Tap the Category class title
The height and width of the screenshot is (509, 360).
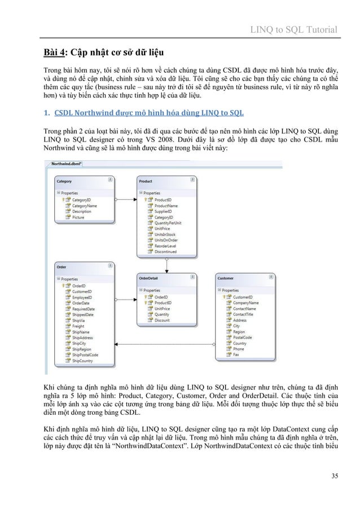[64, 181]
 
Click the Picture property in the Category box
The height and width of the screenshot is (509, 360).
[78, 217]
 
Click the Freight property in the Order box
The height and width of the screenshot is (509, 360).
[78, 326]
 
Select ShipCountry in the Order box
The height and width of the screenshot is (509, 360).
[82, 361]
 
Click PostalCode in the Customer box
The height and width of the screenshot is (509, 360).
[243, 337]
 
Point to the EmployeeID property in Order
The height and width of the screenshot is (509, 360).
[82, 297]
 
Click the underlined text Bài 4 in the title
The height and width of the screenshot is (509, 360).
[56, 53]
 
